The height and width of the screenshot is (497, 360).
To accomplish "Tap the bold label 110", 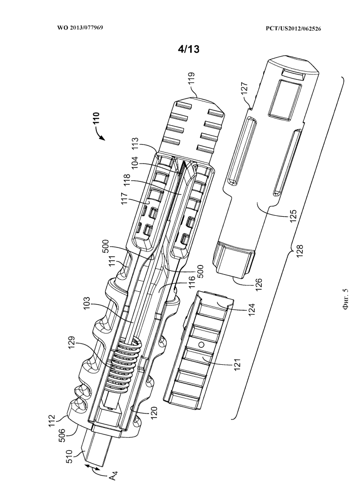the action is click(96, 120).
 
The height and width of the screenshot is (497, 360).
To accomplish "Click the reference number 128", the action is click(299, 250).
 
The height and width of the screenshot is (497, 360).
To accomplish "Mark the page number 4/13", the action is click(189, 49).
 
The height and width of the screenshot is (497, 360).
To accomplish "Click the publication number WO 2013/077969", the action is click(80, 27).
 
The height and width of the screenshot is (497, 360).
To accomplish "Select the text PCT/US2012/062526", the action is click(293, 28).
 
